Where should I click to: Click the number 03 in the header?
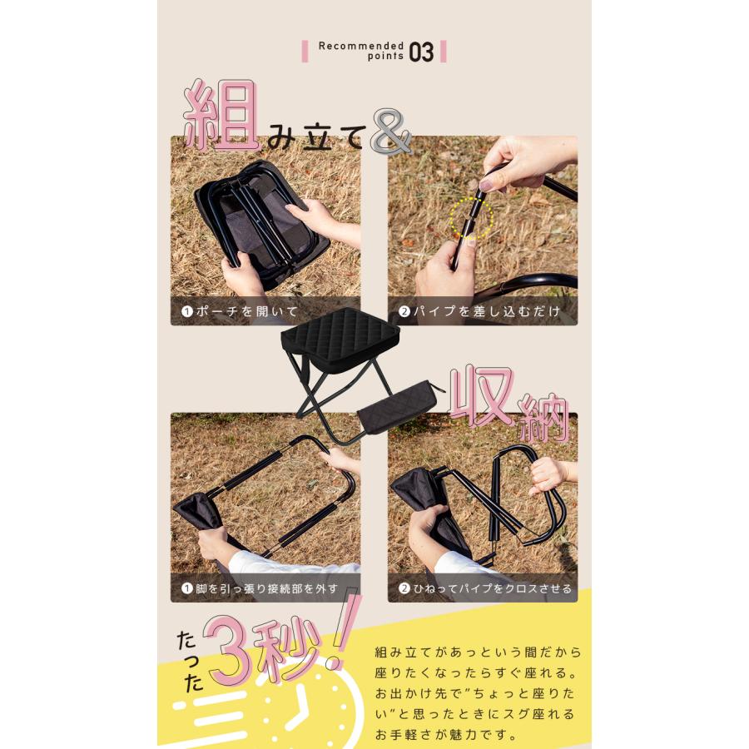pos(421,52)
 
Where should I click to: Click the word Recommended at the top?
pos(361,46)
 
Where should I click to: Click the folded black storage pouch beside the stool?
pos(399,407)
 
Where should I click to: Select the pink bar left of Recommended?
pos(305,52)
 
